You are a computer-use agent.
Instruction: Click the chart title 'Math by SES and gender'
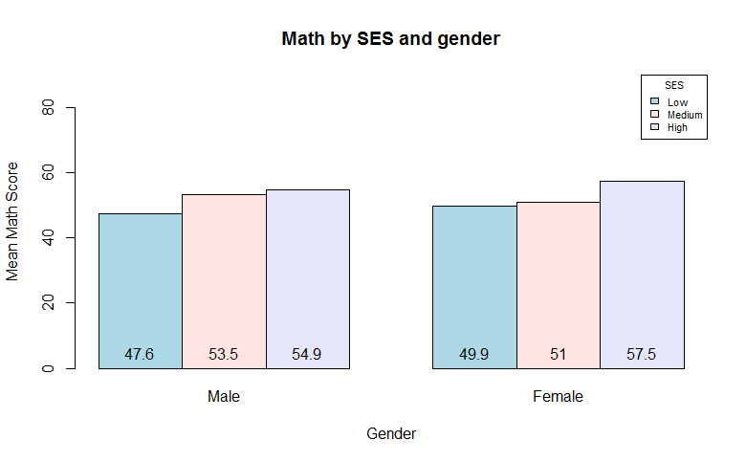[x=391, y=39]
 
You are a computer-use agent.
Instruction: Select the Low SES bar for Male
[x=140, y=287]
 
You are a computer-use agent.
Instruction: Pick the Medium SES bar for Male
[x=224, y=277]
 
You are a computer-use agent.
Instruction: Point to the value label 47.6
[x=140, y=354]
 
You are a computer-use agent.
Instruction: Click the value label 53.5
[x=224, y=354]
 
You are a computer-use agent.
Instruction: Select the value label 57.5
[x=642, y=354]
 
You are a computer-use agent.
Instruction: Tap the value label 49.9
[x=474, y=354]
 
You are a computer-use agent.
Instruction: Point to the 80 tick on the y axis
[x=48, y=108]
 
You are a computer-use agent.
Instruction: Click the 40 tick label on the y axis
[x=48, y=238]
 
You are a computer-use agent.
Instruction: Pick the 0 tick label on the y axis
[x=48, y=368]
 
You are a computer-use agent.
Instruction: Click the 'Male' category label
[x=224, y=396]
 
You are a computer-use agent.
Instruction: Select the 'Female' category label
[x=558, y=396]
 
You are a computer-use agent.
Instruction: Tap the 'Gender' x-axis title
[x=391, y=433]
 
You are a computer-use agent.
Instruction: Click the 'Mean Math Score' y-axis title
[x=12, y=234]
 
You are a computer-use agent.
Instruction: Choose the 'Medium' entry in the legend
[x=684, y=115]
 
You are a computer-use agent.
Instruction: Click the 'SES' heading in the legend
[x=674, y=85]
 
